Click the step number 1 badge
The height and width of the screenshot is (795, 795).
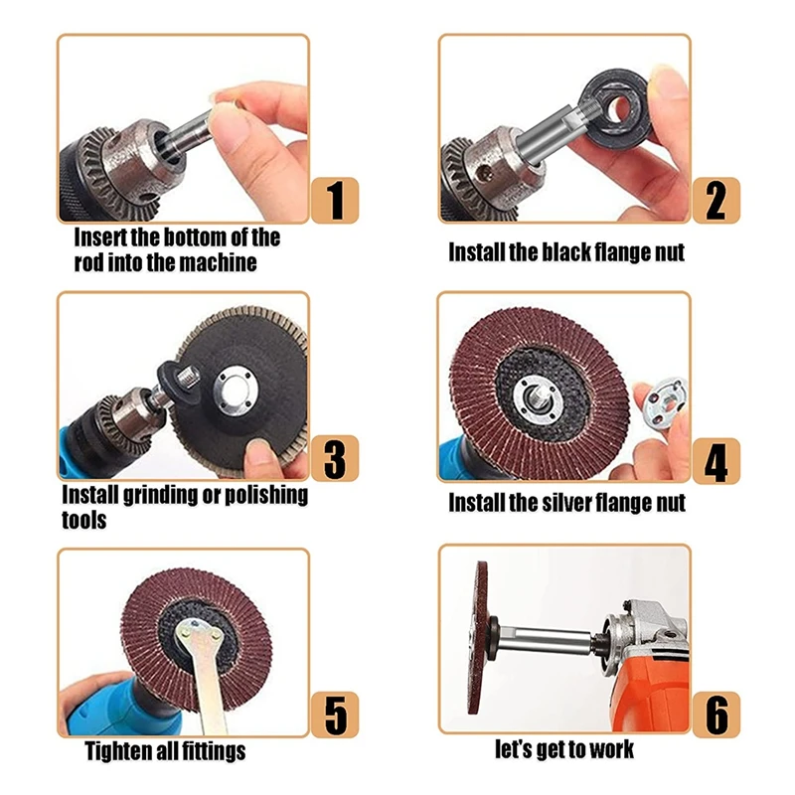(335, 200)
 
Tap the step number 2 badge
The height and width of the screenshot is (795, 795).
(715, 200)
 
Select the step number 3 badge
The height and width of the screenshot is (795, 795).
(335, 458)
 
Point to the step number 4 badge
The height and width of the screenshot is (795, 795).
(715, 460)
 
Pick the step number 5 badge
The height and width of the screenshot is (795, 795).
(335, 715)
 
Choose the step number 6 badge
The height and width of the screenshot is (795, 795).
(715, 715)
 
